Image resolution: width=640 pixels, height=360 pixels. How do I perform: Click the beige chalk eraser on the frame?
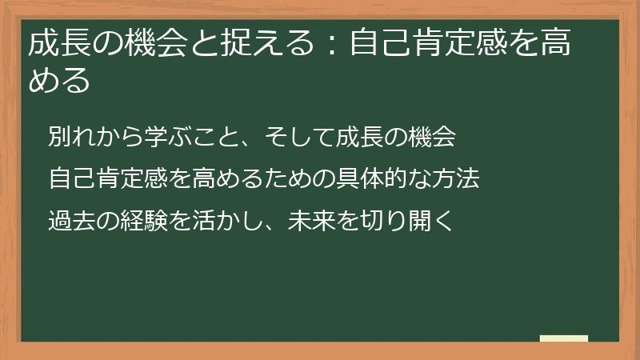point(564,338)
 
